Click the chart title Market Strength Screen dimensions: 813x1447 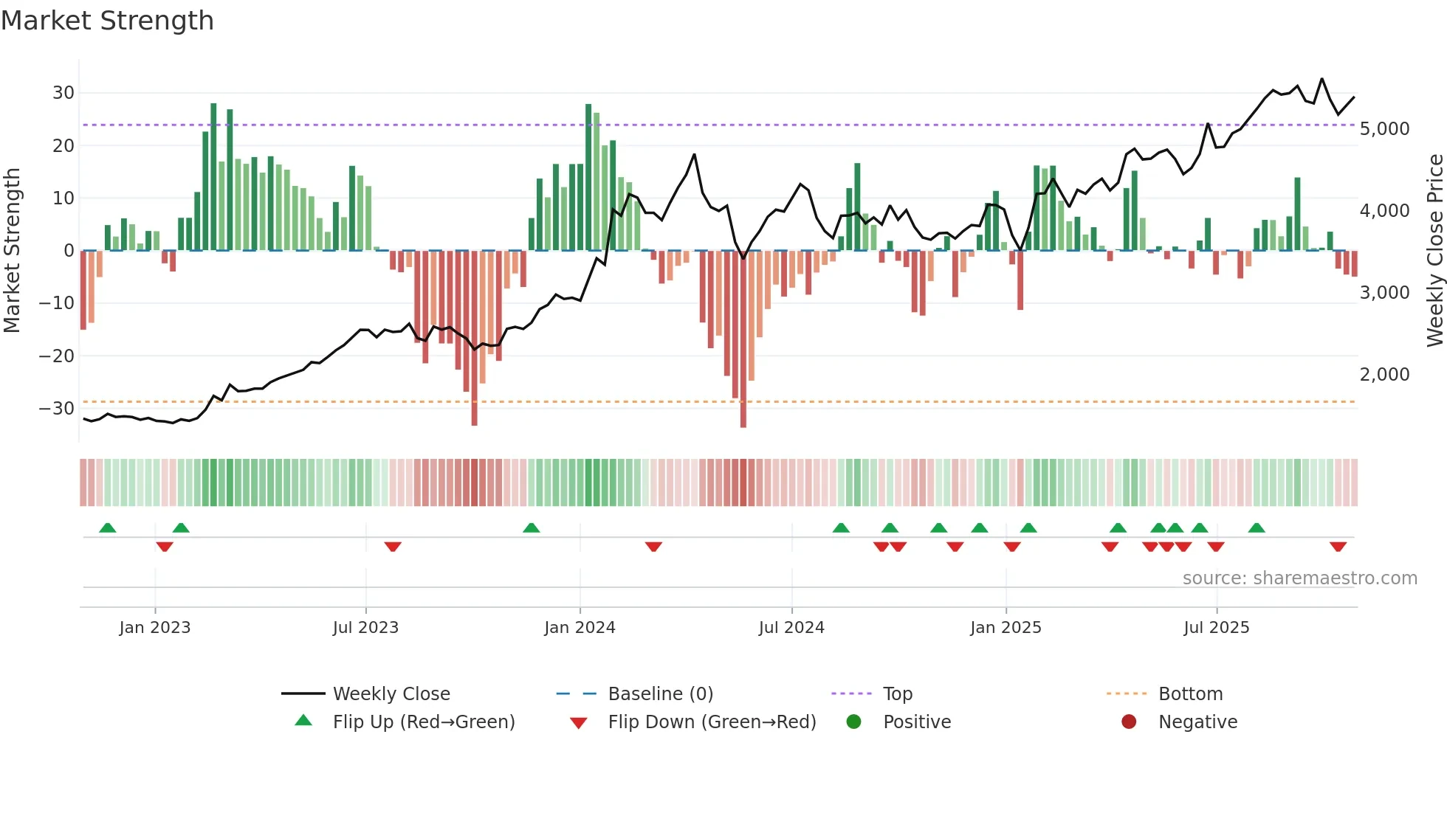coord(107,21)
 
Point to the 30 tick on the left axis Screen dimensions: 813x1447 coord(63,93)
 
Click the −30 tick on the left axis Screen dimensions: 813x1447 coord(57,409)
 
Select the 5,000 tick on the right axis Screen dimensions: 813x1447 coord(1384,129)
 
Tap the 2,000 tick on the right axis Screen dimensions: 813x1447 coord(1384,375)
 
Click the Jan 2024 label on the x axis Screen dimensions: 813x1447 coord(580,628)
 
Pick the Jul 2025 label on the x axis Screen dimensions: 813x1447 coord(1216,628)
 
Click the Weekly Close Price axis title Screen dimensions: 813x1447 coord(1434,251)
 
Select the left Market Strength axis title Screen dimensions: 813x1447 coord(12,251)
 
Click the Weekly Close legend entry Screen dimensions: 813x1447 coord(391,694)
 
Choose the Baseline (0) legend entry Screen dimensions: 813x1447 coord(660,694)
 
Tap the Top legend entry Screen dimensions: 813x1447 coord(897,694)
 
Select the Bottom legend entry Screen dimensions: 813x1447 coord(1190,694)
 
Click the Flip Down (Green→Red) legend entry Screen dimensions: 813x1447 coord(712,722)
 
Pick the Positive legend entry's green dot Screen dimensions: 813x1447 coord(853,722)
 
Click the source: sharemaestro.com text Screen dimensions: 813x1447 coord(1299,578)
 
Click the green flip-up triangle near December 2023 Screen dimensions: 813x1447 coord(531,527)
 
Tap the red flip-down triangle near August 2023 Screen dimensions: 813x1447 coord(393,547)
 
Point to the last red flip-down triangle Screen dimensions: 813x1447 coord(1338,547)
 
